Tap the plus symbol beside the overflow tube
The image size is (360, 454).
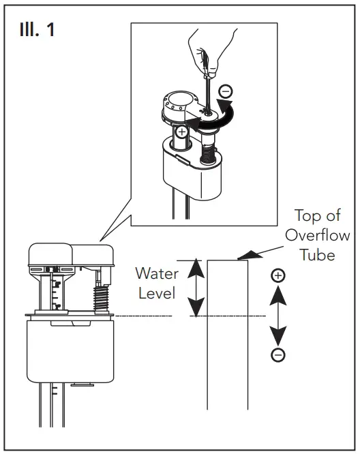pyautogui.click(x=277, y=276)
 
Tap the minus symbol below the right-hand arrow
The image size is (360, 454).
pyautogui.click(x=277, y=354)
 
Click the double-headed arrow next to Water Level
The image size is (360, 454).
pyautogui.click(x=196, y=288)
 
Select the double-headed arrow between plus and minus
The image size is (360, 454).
pyautogui.click(x=277, y=315)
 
